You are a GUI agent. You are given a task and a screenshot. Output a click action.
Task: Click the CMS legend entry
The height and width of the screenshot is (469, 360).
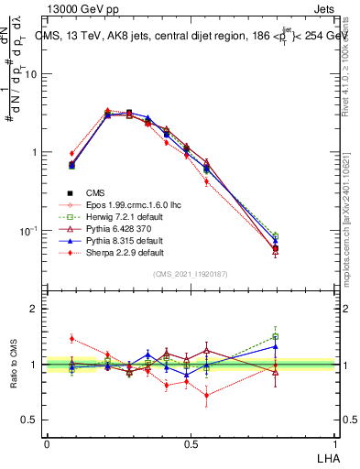point(95,192)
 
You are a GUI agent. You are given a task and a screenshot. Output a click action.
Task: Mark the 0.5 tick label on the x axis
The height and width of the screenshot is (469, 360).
point(191,443)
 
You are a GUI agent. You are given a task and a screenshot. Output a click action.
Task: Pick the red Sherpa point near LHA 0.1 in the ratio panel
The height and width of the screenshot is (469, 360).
point(72,338)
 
